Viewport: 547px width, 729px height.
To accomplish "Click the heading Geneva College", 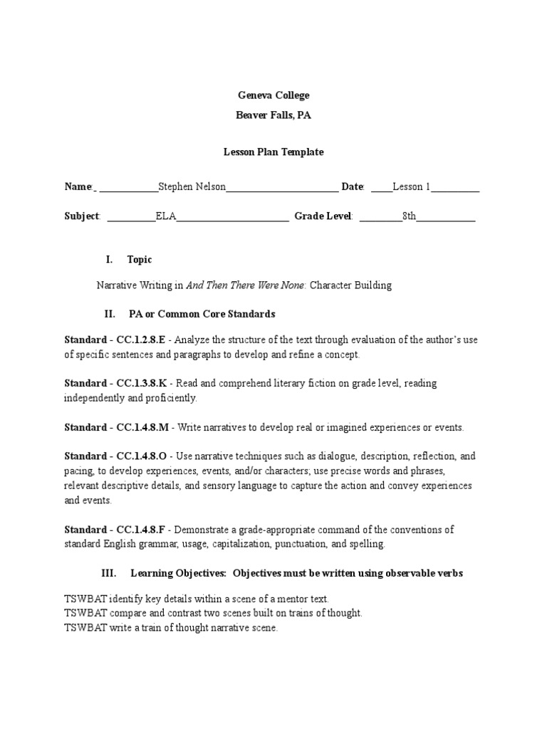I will (273, 95).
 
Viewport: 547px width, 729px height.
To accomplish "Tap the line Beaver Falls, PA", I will (273, 116).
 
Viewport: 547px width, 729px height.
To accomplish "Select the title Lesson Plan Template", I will (273, 152).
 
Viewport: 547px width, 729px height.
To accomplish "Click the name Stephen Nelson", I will (192, 187).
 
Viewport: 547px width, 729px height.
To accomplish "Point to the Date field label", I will (353, 187).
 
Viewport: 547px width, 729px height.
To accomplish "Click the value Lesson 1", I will (412, 187).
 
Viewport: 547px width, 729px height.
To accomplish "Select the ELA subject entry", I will (165, 216).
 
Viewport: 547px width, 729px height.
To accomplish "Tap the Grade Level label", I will (323, 216).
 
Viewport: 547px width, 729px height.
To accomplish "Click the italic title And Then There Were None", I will (246, 285).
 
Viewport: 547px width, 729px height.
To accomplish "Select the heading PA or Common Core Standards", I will (202, 314).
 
